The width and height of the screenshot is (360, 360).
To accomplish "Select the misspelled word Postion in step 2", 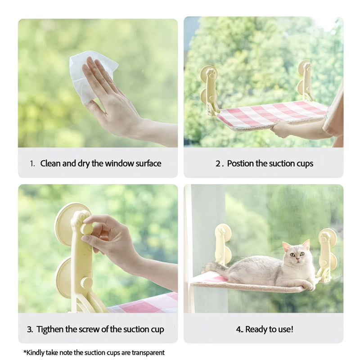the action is pos(240,163).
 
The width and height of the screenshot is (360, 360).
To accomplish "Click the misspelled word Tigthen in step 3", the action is pos(50,329).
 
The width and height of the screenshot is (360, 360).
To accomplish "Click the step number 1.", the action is pos(32,164).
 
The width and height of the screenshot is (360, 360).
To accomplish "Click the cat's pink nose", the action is pos(297,259).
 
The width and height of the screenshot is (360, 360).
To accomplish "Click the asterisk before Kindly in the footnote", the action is pos(25,351).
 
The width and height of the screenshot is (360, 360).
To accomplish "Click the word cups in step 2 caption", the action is pos(305,164).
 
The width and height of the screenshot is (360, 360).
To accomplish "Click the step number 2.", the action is pos(218,164).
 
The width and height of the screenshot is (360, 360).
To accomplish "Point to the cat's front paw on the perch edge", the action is pos(308,285).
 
